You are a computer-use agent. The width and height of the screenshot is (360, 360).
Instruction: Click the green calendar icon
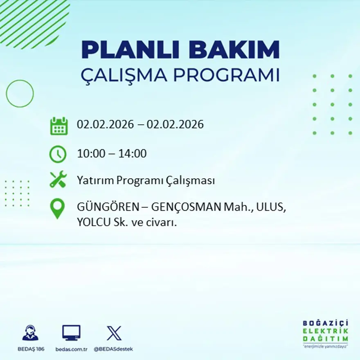(x=59, y=126)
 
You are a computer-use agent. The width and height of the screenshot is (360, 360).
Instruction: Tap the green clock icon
(x=58, y=154)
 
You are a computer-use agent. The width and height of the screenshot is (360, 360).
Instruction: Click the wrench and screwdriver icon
(x=58, y=180)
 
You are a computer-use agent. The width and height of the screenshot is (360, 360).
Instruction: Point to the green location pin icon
(x=57, y=208)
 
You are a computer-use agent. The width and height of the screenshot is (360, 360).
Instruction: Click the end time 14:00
(x=133, y=154)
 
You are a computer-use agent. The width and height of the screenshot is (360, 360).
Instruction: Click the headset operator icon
(x=30, y=333)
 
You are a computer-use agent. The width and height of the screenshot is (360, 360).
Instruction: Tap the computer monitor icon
(x=71, y=333)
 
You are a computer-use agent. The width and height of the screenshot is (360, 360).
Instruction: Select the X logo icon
(x=114, y=333)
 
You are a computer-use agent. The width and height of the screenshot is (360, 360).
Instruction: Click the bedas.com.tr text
(x=72, y=349)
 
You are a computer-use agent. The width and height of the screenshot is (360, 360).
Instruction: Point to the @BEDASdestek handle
(x=113, y=349)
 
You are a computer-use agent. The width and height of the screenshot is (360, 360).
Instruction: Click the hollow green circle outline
(x=20, y=94)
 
